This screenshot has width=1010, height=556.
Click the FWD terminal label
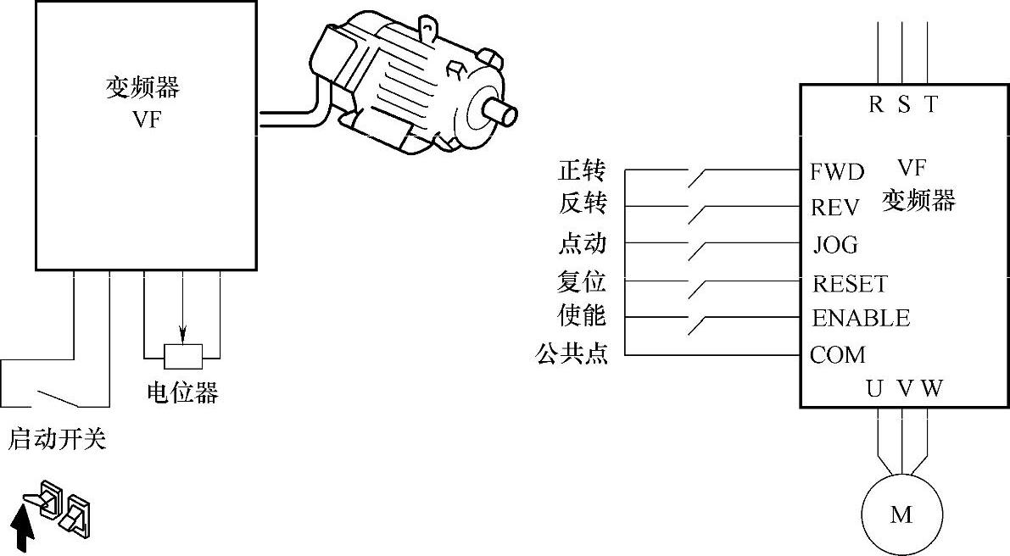(837, 172)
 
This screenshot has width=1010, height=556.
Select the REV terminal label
(835, 208)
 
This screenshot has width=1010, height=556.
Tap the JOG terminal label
(835, 245)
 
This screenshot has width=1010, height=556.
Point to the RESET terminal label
(850, 283)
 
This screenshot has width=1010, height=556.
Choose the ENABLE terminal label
(861, 319)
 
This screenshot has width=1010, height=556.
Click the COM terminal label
(838, 354)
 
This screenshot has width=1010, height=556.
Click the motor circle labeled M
(901, 514)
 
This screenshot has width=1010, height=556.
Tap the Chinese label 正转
(582, 170)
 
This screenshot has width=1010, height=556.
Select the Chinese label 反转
(582, 205)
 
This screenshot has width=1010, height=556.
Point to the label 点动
(582, 243)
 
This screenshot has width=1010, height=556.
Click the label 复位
(582, 281)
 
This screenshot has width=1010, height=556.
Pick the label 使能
(582, 315)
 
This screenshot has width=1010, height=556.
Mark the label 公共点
(572, 353)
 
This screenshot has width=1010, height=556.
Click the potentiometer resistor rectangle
(182, 357)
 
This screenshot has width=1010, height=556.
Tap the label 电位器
(182, 393)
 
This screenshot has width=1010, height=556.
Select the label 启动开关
(58, 440)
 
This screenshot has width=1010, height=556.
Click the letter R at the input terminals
(877, 104)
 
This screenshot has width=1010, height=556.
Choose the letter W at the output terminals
(931, 389)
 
